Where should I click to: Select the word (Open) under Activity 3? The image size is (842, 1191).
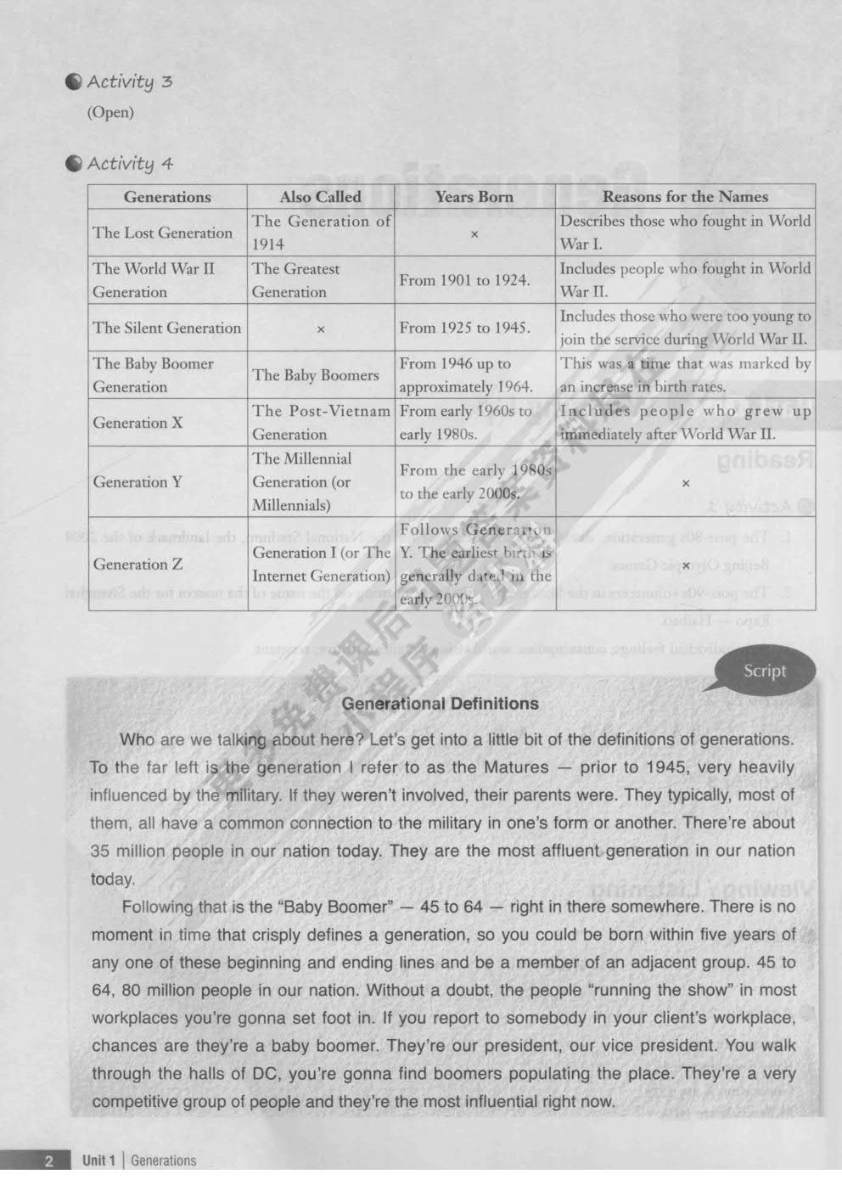[110, 112]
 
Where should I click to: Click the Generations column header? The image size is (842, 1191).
[167, 197]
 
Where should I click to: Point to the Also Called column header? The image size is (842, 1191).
[320, 197]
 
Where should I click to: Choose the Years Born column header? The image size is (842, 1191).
[474, 197]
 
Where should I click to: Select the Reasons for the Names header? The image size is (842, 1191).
[685, 197]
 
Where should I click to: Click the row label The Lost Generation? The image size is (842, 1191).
[162, 233]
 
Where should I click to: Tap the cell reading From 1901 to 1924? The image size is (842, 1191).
[464, 280]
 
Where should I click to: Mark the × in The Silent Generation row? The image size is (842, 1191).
[321, 329]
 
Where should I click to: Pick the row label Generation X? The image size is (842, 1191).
[138, 423]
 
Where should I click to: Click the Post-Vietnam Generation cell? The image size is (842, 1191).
[321, 423]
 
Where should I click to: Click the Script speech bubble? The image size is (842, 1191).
[764, 671]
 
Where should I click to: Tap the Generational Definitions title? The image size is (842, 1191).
[440, 704]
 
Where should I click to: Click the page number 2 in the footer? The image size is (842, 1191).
[48, 1161]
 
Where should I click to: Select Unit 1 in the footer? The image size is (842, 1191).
[98, 1161]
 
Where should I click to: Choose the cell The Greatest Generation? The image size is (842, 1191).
[295, 280]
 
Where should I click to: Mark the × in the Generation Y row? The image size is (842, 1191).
[686, 483]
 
